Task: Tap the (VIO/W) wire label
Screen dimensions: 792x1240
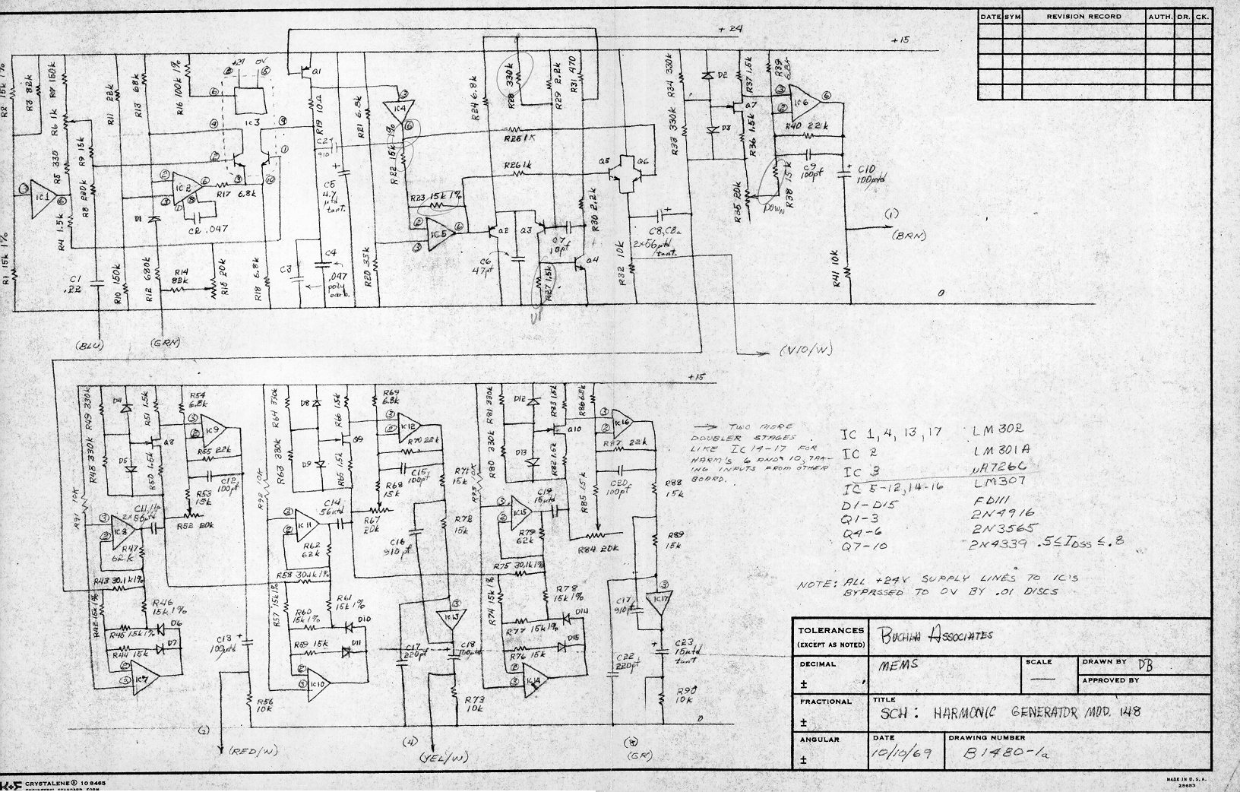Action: (x=807, y=351)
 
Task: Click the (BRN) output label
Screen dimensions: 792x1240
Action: (x=910, y=236)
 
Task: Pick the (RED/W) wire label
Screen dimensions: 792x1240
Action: (x=253, y=751)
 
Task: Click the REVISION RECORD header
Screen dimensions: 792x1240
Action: (x=1084, y=16)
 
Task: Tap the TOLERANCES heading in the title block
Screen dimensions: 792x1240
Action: (x=831, y=630)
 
